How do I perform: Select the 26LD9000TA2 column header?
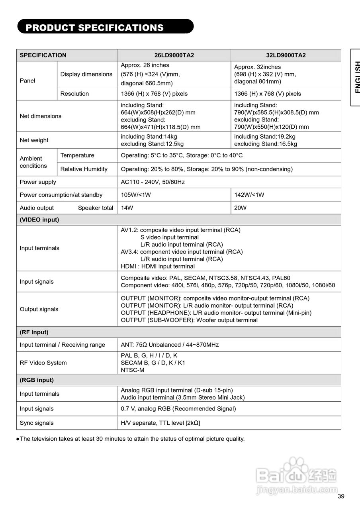point(174,55)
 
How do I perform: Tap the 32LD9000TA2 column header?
point(286,55)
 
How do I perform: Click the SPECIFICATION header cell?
point(43,55)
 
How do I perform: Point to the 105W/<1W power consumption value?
point(136,195)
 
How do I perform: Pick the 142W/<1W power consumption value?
point(249,195)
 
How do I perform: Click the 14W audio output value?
point(127,208)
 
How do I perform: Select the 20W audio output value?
point(241,208)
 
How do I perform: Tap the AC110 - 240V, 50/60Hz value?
point(153,182)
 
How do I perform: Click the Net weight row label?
point(34,140)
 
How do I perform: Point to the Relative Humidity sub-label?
point(84,169)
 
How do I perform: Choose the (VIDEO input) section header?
point(39,220)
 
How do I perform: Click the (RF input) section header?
point(34,332)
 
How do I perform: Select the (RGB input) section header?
point(37,380)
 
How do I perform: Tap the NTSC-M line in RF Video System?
point(133,370)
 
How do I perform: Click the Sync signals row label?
point(37,423)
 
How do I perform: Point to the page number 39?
point(340,496)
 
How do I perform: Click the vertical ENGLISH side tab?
point(356,77)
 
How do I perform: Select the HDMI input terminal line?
point(158,266)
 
